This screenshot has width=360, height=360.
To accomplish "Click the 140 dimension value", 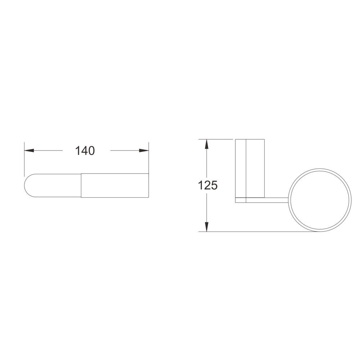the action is coord(85,151).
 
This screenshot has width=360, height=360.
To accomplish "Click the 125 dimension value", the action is coord(207,185).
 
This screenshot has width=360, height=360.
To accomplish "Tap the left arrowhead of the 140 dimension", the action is coord(29,150).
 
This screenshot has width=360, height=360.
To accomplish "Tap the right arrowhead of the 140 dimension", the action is coord(144,150).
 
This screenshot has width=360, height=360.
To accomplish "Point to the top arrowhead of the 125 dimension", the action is coord(207,144).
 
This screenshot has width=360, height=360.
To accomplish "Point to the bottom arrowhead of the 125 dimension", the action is coord(207,226).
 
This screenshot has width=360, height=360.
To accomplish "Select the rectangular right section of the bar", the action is coord(115,185).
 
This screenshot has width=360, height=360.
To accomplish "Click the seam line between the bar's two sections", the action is coord(81,185).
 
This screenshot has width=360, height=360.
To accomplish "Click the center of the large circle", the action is coord(320,200).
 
